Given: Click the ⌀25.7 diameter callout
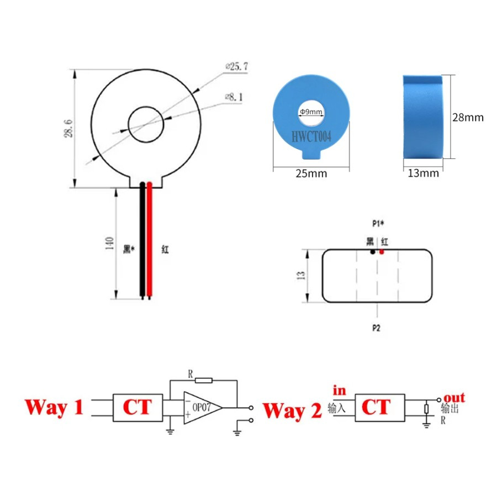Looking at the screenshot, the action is point(237,67).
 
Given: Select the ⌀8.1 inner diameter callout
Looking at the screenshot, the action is point(234,97).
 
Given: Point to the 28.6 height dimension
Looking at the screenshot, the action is point(68,128).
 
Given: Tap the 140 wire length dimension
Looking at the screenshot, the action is point(109,244).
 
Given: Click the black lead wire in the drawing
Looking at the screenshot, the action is point(142,240).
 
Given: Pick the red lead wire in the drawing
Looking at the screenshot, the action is point(149,240).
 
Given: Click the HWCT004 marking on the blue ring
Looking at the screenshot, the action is point(311,137).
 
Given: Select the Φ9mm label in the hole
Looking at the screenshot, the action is point(311,112).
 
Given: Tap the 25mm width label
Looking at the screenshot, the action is point(311,173).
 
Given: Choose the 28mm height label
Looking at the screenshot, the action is point(468,118).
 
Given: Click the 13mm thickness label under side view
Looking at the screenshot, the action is point(423,173).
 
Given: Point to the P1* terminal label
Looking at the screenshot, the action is point(378,224).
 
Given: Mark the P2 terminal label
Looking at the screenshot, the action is point(376,328).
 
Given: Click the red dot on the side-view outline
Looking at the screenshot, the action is point(382,252).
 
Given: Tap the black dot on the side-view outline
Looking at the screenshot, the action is point(373,252).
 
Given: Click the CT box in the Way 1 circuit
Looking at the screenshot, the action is point(138,408).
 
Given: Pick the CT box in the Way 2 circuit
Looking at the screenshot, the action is point(380,408).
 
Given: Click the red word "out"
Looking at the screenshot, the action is point(454,398).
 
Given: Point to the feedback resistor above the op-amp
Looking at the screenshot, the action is point(203,380).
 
